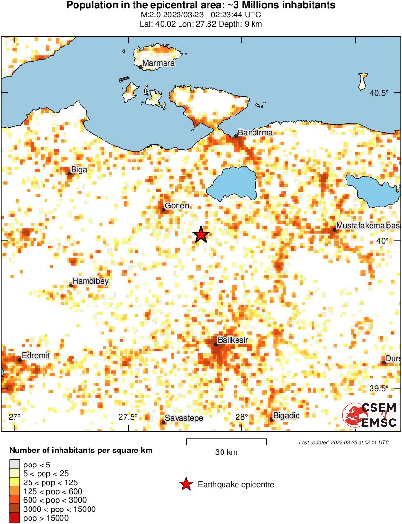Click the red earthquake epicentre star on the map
pos(201,235)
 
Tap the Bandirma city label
pos(255,132)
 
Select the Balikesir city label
pos(233,340)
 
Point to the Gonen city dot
pos(163,210)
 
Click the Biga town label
pos(79,170)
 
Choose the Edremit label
pos(37,356)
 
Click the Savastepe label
pos(184,418)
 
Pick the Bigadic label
pos(286,416)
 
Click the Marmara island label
pos(158,63)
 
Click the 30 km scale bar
pos(226,440)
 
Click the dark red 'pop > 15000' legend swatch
pos(15,518)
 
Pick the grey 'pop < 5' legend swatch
pos(15,465)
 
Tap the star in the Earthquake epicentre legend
pos(185,484)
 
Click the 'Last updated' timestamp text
pos(343,442)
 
